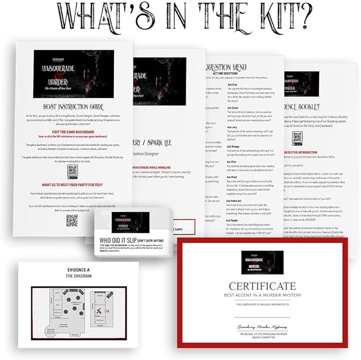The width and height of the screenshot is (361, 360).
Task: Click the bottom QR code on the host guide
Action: (71, 220)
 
